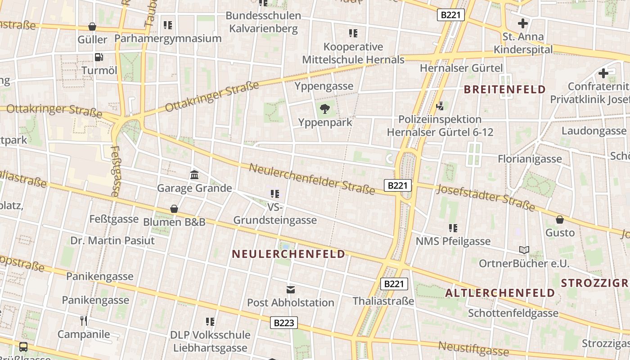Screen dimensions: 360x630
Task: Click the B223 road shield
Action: coord(284,323)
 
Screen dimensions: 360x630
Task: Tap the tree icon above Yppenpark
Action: coord(324,108)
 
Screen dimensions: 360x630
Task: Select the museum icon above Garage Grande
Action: coord(194,175)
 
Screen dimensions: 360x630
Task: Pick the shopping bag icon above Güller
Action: coord(92,27)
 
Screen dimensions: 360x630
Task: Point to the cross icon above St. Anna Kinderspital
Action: coord(523,23)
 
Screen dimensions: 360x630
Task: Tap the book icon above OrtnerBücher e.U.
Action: coord(524,250)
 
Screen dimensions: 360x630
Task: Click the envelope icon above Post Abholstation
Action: coord(290,289)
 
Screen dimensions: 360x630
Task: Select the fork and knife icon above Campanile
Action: coord(83,320)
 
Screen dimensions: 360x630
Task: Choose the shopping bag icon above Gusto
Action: coord(560,220)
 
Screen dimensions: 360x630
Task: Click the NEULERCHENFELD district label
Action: coord(288,254)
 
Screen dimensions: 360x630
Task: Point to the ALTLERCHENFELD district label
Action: coord(500,293)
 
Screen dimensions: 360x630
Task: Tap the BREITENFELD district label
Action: coord(504,89)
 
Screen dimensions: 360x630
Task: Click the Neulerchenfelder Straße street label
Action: coord(312,179)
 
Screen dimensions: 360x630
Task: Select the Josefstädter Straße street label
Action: coord(486,198)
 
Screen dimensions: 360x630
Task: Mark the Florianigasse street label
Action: coord(530,159)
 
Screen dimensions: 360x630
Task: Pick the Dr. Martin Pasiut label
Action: coord(112,240)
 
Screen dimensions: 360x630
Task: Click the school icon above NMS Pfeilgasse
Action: coord(453,228)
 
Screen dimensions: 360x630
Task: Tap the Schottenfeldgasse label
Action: coord(513,313)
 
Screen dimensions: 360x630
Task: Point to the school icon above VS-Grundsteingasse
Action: coord(275,194)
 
